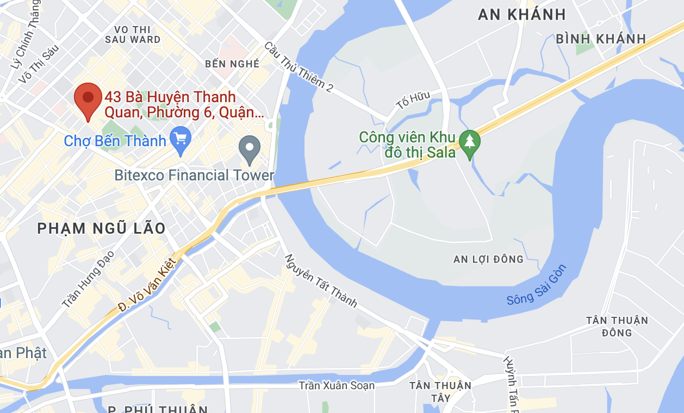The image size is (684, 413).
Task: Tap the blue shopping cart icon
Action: (x=180, y=140)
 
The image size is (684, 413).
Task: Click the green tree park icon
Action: (x=469, y=143)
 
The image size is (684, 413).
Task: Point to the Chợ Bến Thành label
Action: (x=115, y=141)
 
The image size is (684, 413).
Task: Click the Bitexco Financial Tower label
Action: (x=194, y=176)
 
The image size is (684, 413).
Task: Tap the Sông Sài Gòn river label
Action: (x=537, y=285)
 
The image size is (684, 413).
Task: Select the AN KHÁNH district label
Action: (x=521, y=15)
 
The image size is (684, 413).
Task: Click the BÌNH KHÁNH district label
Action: (x=601, y=39)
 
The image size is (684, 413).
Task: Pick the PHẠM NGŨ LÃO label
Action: (x=101, y=229)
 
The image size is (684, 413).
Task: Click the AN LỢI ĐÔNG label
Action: (x=488, y=259)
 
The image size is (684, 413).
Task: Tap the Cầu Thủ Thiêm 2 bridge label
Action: (x=299, y=66)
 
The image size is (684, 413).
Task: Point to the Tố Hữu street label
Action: (x=413, y=101)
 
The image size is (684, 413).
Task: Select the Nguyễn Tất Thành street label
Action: (x=321, y=280)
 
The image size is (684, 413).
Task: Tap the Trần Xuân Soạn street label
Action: (x=337, y=386)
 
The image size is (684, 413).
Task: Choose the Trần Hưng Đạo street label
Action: (x=88, y=279)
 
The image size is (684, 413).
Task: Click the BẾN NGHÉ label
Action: (x=232, y=64)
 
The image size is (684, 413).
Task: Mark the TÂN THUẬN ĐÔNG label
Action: (x=617, y=326)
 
